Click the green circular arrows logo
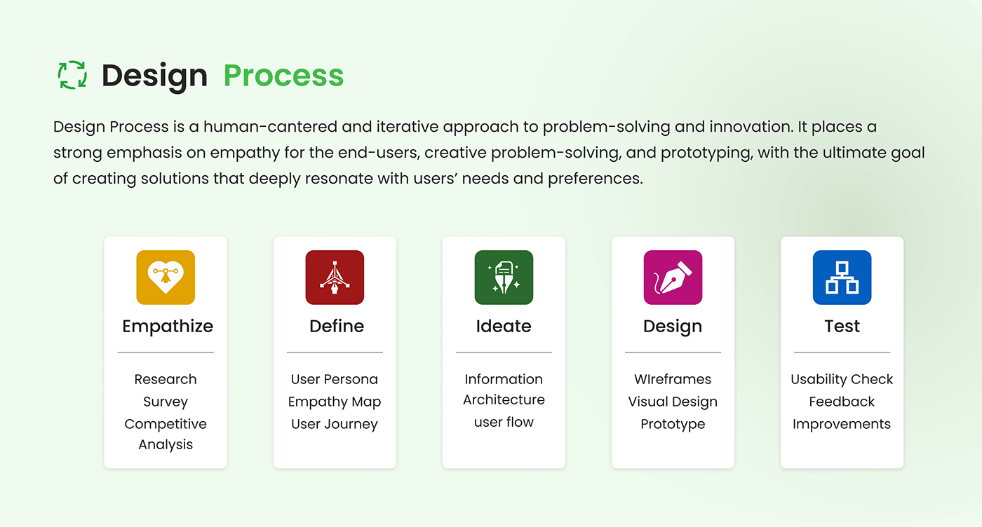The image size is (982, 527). pos(72,75)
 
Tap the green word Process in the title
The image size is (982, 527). pos(283,76)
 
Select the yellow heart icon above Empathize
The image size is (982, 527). pos(166,278)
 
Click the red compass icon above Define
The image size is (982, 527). pos(335,278)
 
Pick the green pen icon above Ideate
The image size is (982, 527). pos(504,278)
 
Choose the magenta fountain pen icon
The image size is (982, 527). pos(673,278)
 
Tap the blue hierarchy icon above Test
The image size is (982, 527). pos(842,278)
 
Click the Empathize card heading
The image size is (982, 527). pos(168,327)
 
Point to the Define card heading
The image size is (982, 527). pos(337,326)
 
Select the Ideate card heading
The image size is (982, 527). pos(504,326)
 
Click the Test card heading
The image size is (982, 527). pos(842,326)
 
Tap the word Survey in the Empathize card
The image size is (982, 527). pos(166,402)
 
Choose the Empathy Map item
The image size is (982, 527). pos(335,402)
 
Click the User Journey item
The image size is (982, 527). pos(335,425)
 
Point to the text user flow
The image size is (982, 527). pos(504,422)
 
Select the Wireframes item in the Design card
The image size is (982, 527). pos(673,379)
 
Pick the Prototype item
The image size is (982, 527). pos(673,425)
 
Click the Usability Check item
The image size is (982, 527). pos(842,379)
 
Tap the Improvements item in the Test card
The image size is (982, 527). pos(842,425)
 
